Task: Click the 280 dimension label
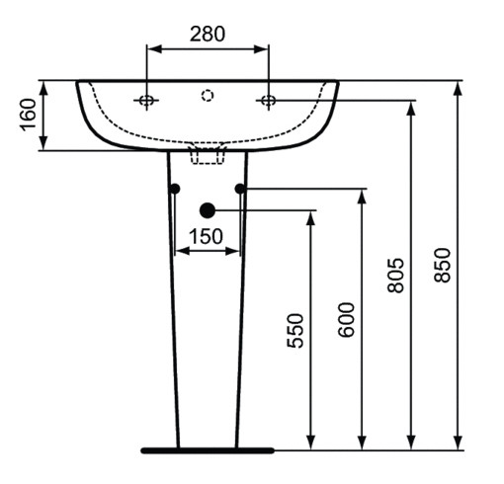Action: [x=208, y=33]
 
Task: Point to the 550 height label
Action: [x=295, y=331]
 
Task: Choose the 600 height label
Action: [x=347, y=318]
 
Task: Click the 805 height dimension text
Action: [x=396, y=278]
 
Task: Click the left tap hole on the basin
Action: [x=147, y=100]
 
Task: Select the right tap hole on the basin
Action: [x=268, y=100]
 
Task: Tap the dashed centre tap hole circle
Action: [x=208, y=96]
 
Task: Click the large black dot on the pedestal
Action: [x=208, y=209]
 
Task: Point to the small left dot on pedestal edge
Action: [x=175, y=188]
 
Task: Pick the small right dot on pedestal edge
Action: [x=240, y=188]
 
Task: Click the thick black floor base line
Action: [x=208, y=450]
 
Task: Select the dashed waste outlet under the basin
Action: [x=208, y=153]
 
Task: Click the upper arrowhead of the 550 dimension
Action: [x=311, y=217]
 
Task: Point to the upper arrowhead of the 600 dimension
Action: [x=362, y=196]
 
